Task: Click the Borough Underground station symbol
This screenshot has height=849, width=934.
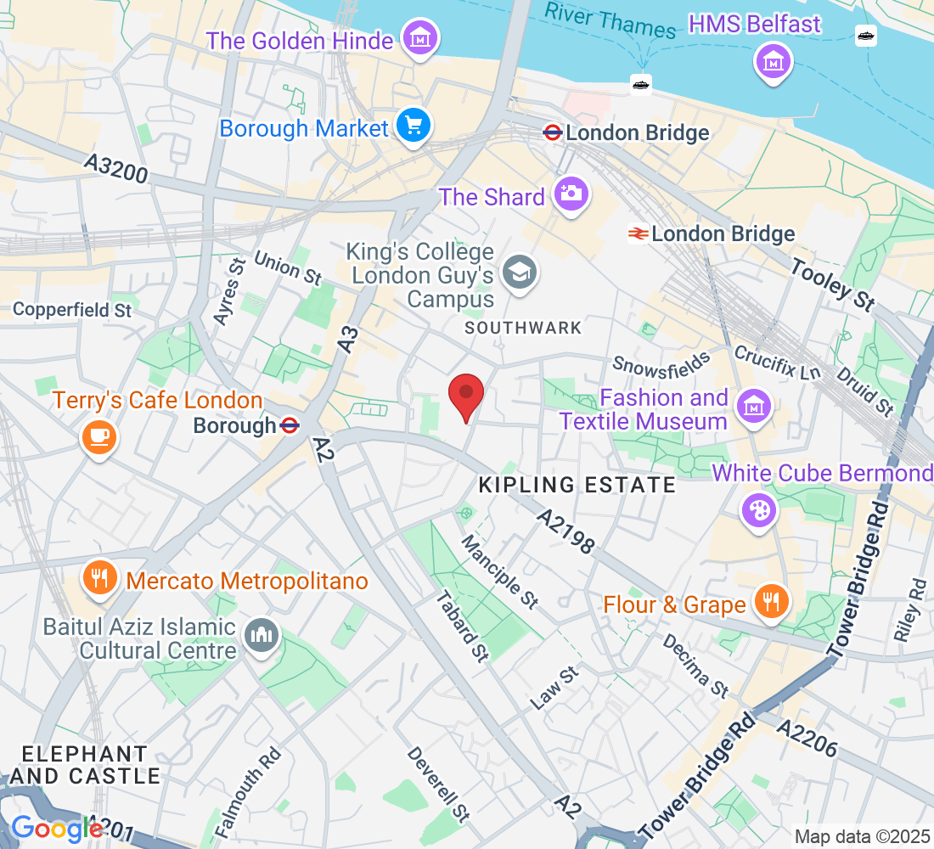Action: pyautogui.click(x=290, y=424)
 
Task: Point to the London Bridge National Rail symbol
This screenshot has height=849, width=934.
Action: pyautogui.click(x=639, y=233)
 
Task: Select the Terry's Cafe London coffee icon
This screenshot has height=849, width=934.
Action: pyautogui.click(x=98, y=436)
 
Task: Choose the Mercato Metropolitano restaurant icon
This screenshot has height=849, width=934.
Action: pyautogui.click(x=100, y=579)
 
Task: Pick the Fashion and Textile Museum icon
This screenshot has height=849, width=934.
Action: pyautogui.click(x=753, y=408)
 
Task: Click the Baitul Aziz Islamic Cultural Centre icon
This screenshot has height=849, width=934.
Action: pyautogui.click(x=261, y=635)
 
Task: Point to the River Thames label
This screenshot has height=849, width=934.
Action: pyautogui.click(x=610, y=21)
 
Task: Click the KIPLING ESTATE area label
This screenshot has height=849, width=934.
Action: pyautogui.click(x=577, y=485)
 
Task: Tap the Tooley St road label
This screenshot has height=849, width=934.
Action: pyautogui.click(x=831, y=284)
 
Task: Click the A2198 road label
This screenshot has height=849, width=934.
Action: pyautogui.click(x=565, y=532)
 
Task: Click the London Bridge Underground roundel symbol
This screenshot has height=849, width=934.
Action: pyautogui.click(x=553, y=132)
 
